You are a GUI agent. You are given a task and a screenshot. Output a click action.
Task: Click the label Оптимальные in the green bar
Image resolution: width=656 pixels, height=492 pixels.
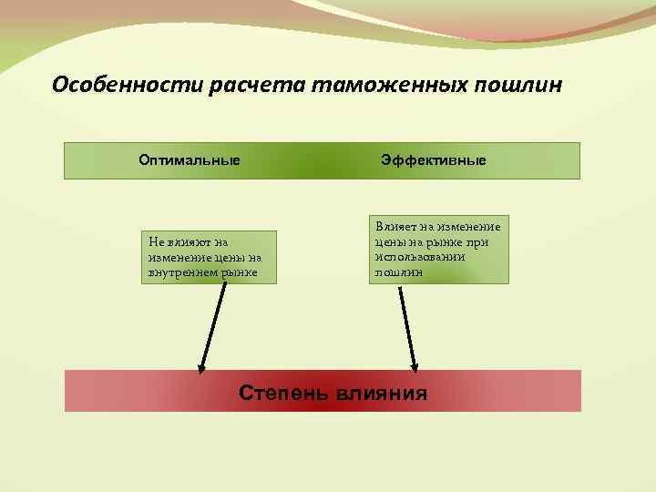[x=190, y=160]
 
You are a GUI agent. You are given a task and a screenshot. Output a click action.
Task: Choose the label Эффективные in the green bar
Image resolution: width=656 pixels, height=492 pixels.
[x=434, y=160]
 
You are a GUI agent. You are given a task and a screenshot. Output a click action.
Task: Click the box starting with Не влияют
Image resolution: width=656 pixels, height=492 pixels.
[x=209, y=257]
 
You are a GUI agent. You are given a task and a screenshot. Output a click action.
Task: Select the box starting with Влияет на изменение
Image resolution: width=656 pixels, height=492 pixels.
[x=438, y=249]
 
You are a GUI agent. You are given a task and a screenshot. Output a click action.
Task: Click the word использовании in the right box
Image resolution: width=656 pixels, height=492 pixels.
[x=419, y=258]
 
